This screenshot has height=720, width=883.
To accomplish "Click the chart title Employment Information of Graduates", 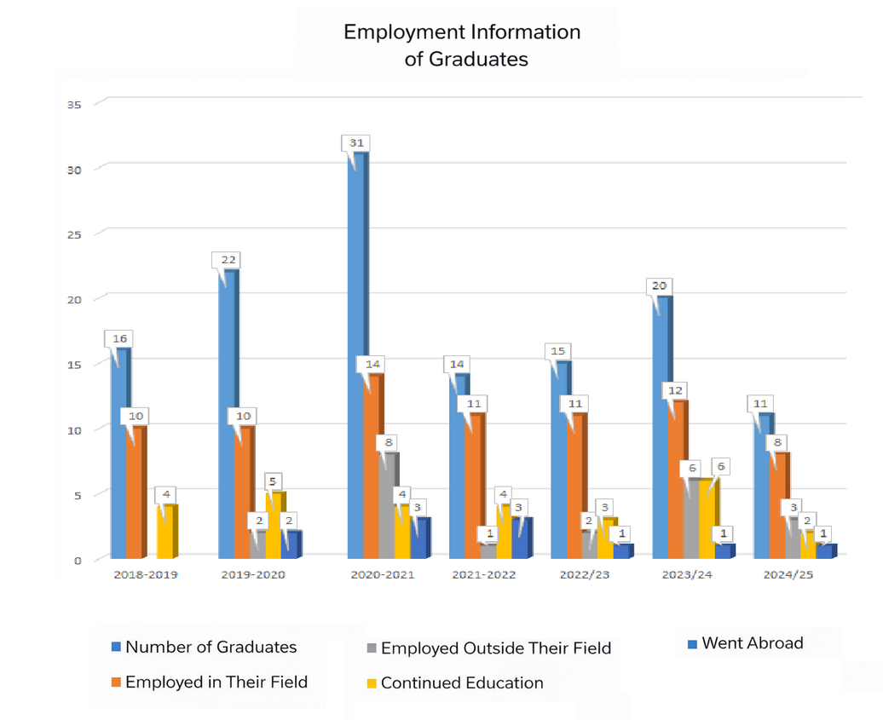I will pyautogui.click(x=461, y=45).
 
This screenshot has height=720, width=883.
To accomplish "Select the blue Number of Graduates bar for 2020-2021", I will pyautogui.click(x=358, y=358).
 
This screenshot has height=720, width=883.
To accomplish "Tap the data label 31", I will pyautogui.click(x=356, y=142).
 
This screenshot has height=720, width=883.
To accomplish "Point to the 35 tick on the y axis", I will pyautogui.click(x=73, y=104).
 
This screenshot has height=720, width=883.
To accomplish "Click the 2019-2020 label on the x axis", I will pyautogui.click(x=253, y=574).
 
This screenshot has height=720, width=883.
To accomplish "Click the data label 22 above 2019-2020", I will pyautogui.click(x=228, y=259).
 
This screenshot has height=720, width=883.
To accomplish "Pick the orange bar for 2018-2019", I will pyautogui.click(x=135, y=492).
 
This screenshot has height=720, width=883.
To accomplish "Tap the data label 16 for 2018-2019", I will pyautogui.click(x=120, y=338).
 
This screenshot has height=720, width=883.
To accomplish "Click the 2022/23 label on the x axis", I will pyautogui.click(x=585, y=574).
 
